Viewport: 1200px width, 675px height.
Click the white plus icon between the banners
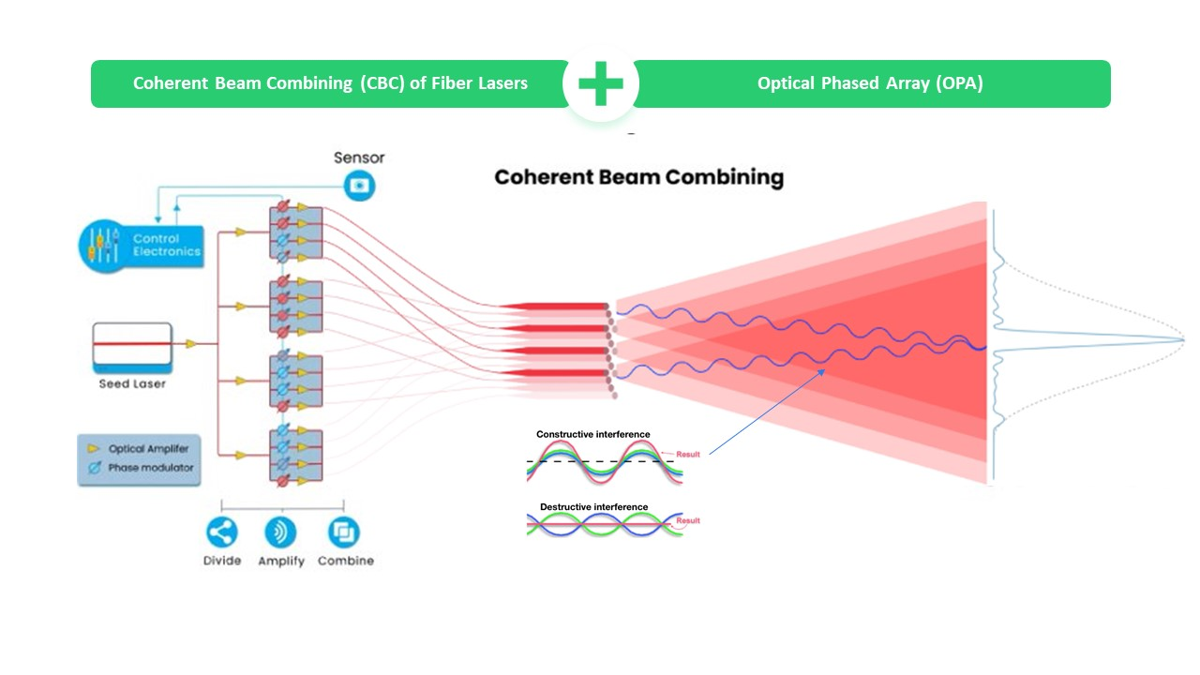coord(600,84)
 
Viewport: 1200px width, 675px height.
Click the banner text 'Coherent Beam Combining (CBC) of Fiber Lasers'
coord(330,83)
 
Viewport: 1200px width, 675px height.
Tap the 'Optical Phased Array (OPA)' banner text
coord(869,83)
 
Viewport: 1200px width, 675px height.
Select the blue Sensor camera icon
coord(358,186)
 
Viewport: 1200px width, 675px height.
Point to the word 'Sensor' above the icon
coord(359,157)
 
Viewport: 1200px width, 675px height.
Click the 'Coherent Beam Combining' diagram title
coord(638,177)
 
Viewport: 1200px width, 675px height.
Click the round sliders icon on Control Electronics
coord(101,246)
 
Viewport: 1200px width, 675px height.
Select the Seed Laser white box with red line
coord(132,345)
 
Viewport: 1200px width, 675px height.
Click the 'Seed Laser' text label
coord(132,383)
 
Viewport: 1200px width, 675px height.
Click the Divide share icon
coord(222,532)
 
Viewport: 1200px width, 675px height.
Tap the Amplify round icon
coord(280,532)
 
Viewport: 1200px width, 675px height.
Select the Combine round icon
coord(344,532)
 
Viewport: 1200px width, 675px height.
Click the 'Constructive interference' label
coord(592,434)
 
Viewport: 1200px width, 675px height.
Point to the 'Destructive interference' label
coord(593,507)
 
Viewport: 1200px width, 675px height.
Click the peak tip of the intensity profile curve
coord(1183,339)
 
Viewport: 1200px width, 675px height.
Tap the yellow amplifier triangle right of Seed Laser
coord(191,344)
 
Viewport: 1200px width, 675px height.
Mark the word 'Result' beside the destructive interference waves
coord(688,521)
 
